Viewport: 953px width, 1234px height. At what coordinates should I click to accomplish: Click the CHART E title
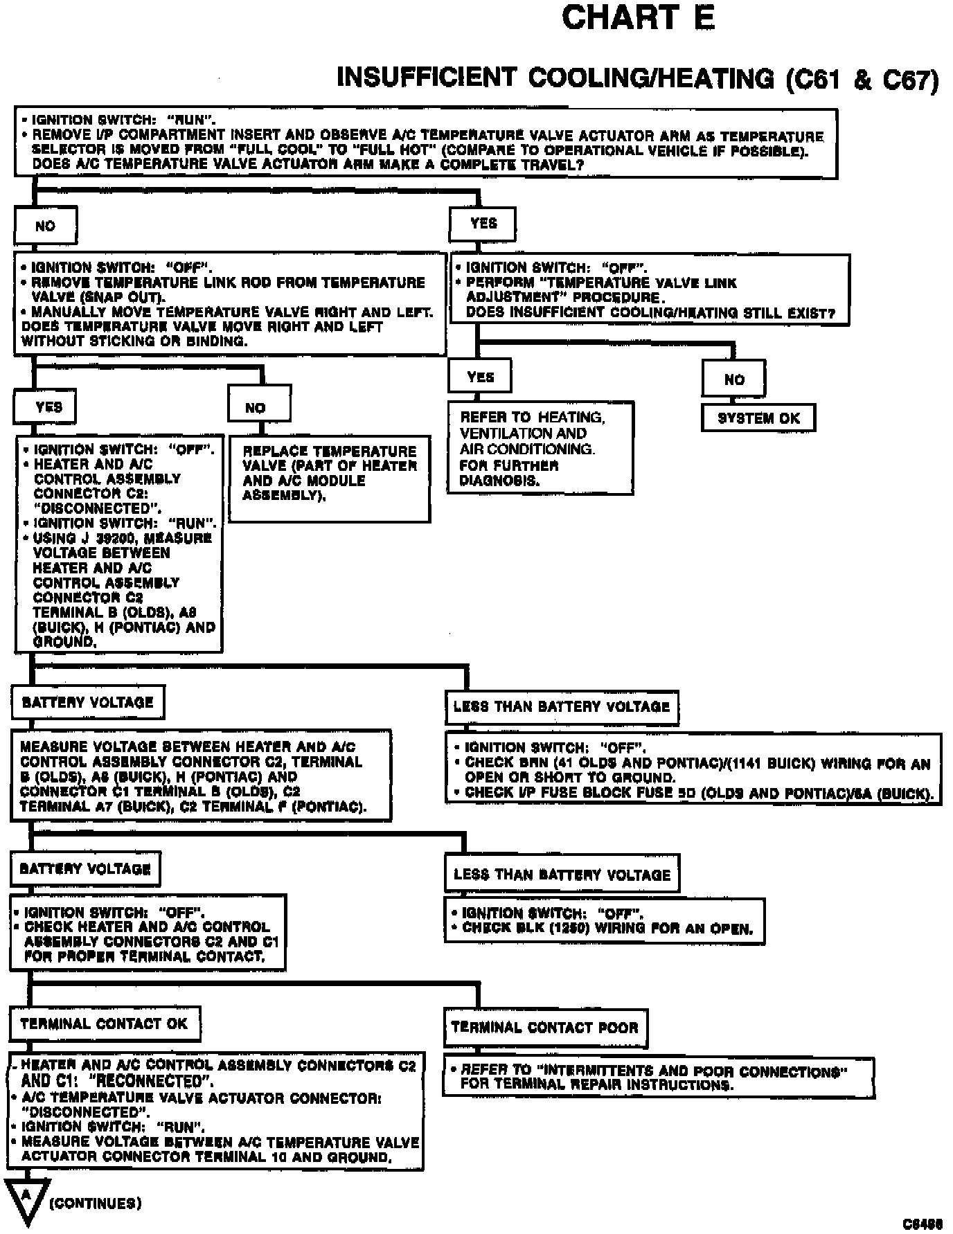point(637,18)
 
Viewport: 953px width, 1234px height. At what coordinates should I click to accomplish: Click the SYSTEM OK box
point(758,418)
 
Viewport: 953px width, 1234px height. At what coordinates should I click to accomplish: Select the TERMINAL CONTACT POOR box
point(545,1028)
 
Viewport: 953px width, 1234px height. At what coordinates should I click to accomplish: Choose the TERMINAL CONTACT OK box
point(105,1024)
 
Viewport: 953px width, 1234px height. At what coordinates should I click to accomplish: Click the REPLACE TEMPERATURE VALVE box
point(329,479)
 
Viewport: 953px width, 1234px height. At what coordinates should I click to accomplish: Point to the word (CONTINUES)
point(96,1203)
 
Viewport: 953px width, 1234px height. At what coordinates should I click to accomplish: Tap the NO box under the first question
point(45,226)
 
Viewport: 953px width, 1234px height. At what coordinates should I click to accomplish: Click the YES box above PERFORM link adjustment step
point(483,224)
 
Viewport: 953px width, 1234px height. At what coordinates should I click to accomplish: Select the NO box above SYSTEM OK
point(733,379)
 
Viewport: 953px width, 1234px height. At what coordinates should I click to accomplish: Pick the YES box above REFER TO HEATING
point(480,377)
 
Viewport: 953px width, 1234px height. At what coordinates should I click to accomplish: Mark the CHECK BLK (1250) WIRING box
point(604,921)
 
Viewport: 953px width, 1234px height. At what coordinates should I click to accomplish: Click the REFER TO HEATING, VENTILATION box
point(540,448)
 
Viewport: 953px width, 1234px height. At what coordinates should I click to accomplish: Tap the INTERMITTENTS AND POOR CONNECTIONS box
point(658,1077)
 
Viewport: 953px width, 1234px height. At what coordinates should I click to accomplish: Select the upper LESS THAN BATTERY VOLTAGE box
point(562,707)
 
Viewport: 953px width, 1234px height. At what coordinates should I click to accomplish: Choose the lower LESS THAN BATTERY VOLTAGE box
point(562,874)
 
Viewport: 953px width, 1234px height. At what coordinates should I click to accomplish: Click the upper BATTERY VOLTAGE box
point(88,702)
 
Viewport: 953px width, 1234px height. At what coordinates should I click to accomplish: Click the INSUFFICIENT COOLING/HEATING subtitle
point(637,78)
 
